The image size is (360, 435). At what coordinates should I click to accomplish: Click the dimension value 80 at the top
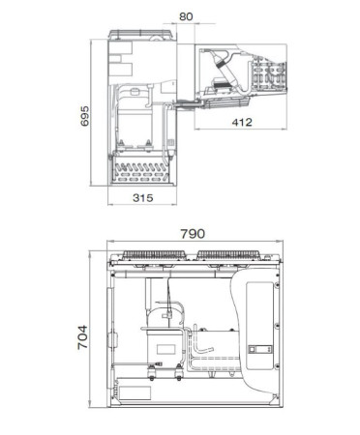point(186,16)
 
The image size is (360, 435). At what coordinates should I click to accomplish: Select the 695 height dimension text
point(85,116)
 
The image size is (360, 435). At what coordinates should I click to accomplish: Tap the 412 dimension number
point(242,122)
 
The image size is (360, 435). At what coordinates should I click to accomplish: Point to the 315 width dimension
point(143,197)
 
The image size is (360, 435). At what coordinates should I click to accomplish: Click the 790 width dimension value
point(193,234)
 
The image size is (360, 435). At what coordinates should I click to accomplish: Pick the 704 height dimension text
point(82,337)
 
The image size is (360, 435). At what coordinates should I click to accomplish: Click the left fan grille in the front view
point(154,255)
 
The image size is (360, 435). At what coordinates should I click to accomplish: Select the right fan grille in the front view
point(228,255)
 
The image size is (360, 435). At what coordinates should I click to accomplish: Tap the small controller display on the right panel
point(260,349)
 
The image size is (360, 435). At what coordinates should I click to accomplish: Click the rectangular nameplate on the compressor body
point(165,349)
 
